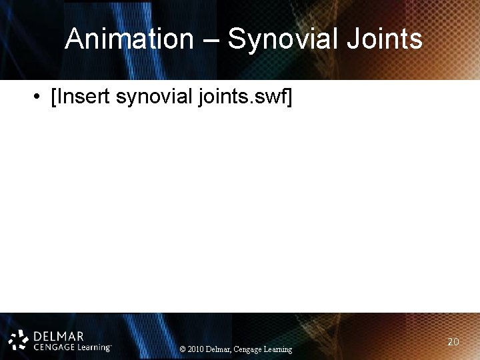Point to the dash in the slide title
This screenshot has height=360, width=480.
(x=210, y=40)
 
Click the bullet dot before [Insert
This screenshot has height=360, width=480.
(x=35, y=97)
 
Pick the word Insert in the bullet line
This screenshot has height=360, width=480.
(x=83, y=97)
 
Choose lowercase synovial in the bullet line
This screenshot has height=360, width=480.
(x=155, y=97)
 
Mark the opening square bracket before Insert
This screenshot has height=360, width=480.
(x=53, y=98)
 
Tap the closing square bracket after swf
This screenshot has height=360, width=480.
(x=289, y=98)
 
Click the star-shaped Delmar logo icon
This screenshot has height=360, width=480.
(x=19, y=339)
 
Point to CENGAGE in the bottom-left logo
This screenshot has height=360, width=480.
(x=53, y=347)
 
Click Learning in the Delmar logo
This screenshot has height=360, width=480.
(x=93, y=347)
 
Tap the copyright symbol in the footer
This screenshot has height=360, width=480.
(x=183, y=349)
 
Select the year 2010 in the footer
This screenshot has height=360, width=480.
(x=196, y=349)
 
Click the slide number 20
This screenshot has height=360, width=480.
(x=453, y=341)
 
